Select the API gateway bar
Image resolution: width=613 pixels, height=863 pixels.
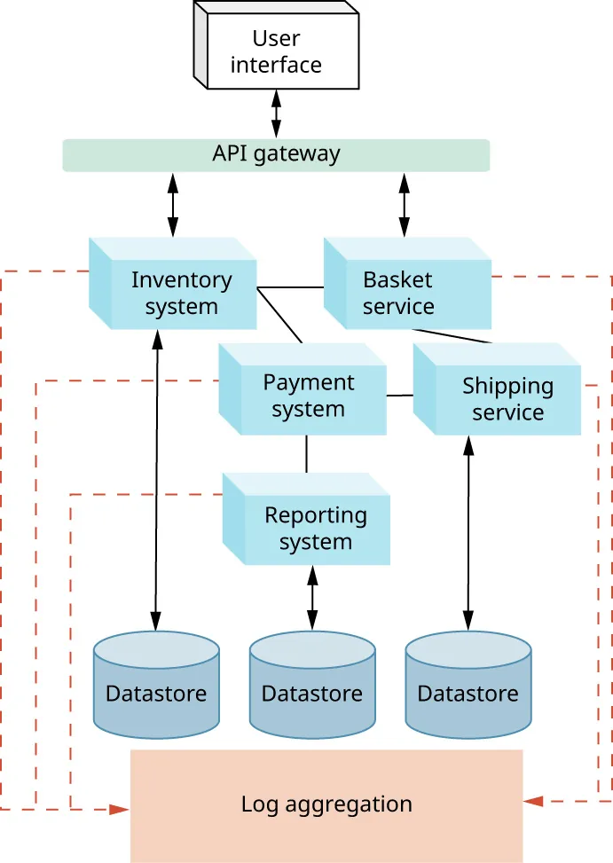coord(276,154)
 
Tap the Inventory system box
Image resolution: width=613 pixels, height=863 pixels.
coord(181,294)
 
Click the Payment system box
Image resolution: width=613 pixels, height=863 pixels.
coord(308,396)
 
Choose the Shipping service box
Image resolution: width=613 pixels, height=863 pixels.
coord(507,399)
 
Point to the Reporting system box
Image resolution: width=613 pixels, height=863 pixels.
coord(315,529)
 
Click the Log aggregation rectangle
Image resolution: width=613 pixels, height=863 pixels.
coord(326,804)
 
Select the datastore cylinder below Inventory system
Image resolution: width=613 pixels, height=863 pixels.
coord(156,687)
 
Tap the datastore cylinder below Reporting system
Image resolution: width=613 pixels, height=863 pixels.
coord(311,687)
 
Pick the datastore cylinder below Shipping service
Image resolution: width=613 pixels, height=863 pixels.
coord(468,687)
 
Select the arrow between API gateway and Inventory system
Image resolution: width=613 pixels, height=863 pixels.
coord(172,205)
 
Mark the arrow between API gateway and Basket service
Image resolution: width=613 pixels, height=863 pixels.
coord(405,205)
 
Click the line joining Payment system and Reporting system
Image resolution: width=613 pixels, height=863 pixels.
coord(307,454)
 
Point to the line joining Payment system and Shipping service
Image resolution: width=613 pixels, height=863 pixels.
coord(400,396)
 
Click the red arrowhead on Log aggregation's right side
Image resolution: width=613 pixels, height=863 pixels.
coord(533,801)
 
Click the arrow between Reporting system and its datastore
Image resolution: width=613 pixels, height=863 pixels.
coord(311,597)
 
